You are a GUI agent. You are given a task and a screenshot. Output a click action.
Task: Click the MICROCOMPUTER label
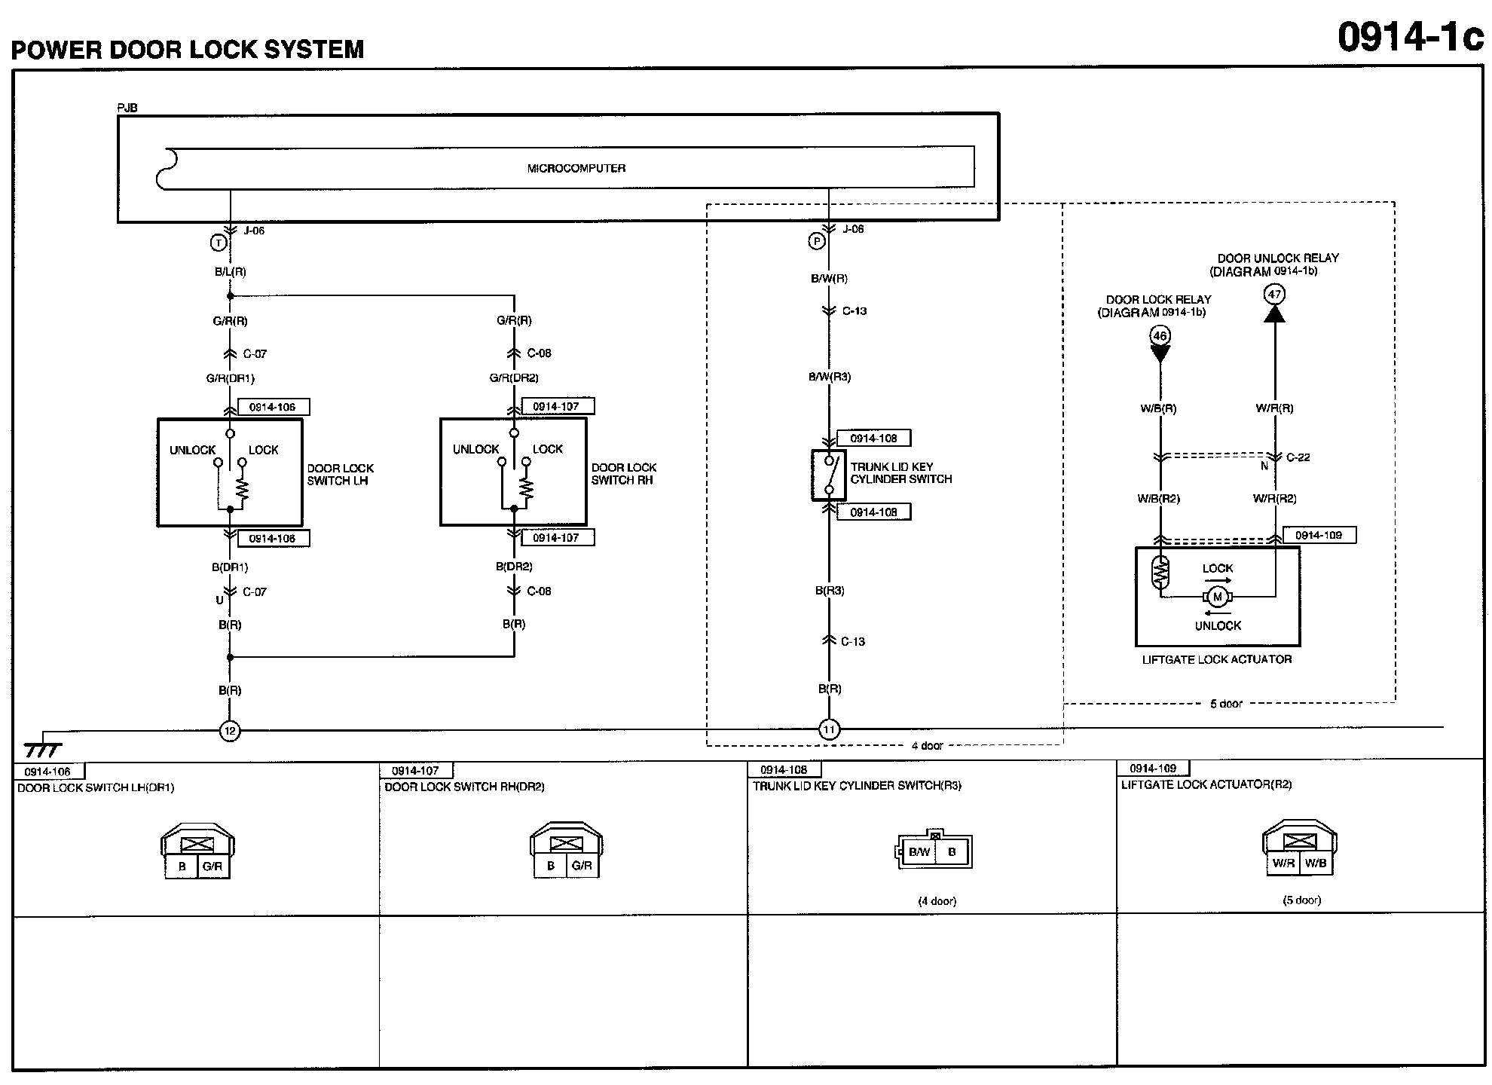pyautogui.click(x=576, y=168)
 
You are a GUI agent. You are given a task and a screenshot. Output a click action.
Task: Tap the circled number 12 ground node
pyautogui.click(x=230, y=730)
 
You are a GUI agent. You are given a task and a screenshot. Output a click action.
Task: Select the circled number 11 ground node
pyautogui.click(x=829, y=729)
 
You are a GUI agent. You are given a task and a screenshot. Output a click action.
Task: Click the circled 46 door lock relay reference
pyautogui.click(x=1160, y=335)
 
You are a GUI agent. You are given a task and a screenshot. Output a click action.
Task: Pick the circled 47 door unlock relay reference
pyautogui.click(x=1274, y=294)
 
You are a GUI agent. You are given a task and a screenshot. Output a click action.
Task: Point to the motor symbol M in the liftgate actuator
pyautogui.click(x=1217, y=598)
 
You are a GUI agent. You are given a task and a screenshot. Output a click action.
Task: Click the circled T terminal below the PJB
pyautogui.click(x=219, y=243)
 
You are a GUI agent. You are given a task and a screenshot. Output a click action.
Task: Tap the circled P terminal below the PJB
pyautogui.click(x=817, y=241)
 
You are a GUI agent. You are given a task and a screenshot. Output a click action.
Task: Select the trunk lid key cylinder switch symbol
pyautogui.click(x=829, y=475)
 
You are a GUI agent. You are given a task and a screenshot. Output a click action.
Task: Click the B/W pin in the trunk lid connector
pyautogui.click(x=919, y=852)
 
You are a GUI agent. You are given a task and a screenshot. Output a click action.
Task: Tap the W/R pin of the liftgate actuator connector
pyautogui.click(x=1283, y=863)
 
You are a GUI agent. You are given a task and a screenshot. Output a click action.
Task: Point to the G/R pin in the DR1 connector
pyautogui.click(x=212, y=866)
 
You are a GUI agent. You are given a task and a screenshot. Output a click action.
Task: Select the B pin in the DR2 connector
pyautogui.click(x=551, y=866)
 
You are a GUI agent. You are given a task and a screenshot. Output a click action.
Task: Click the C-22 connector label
pyautogui.click(x=1298, y=457)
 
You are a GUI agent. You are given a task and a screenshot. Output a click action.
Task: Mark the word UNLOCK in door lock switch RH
pyautogui.click(x=475, y=449)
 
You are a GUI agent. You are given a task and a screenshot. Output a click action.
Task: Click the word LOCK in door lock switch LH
pyautogui.click(x=263, y=450)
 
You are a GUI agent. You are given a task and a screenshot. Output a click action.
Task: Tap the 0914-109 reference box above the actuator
pyautogui.click(x=1319, y=535)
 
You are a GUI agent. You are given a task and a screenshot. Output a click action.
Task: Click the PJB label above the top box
pyautogui.click(x=127, y=108)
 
